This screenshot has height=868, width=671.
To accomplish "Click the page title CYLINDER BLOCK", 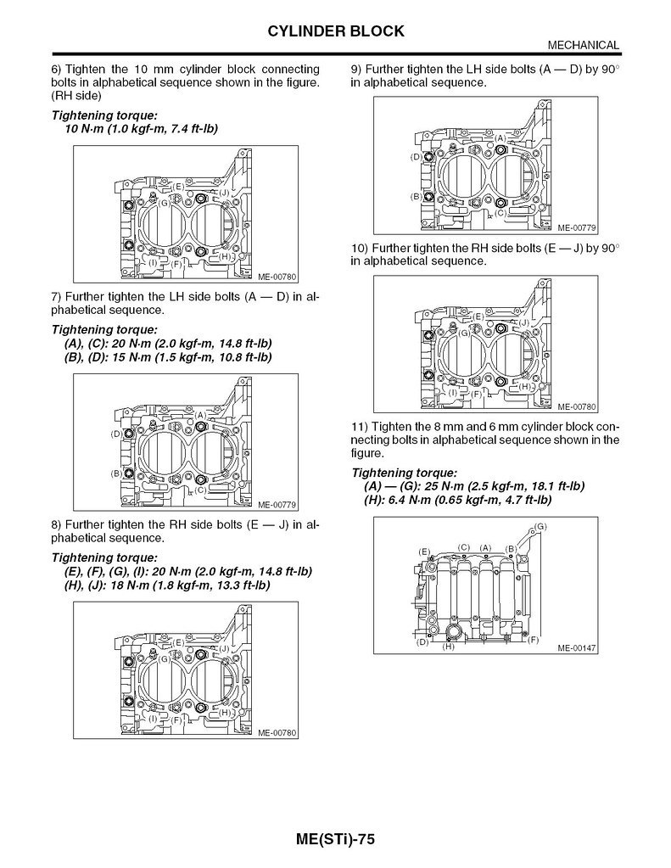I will coord(335,31).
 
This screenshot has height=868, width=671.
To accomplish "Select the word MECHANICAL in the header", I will coord(583,45).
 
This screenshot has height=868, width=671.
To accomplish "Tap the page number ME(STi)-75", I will coord(335,839).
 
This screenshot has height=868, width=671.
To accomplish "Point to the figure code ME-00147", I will coord(577,647).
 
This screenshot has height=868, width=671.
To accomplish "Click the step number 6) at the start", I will coord(57,68).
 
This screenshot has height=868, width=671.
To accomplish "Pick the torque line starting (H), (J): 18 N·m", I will coord(167,585).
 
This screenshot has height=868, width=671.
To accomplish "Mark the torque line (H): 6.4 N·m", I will coord(456,500).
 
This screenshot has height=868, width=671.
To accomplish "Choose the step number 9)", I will coord(356,68).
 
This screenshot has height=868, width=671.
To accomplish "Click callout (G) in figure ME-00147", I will coord(540,527).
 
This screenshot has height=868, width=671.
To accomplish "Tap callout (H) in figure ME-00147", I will coord(449,647).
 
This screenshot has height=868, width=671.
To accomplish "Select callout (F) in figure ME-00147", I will coord(534,639).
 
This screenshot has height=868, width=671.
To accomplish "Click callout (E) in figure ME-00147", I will coord(425,552).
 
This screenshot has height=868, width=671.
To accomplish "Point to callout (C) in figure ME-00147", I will coord(463,547).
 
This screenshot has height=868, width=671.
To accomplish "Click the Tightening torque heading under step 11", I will coord(404,472).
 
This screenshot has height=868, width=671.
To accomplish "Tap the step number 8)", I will coord(57,524).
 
